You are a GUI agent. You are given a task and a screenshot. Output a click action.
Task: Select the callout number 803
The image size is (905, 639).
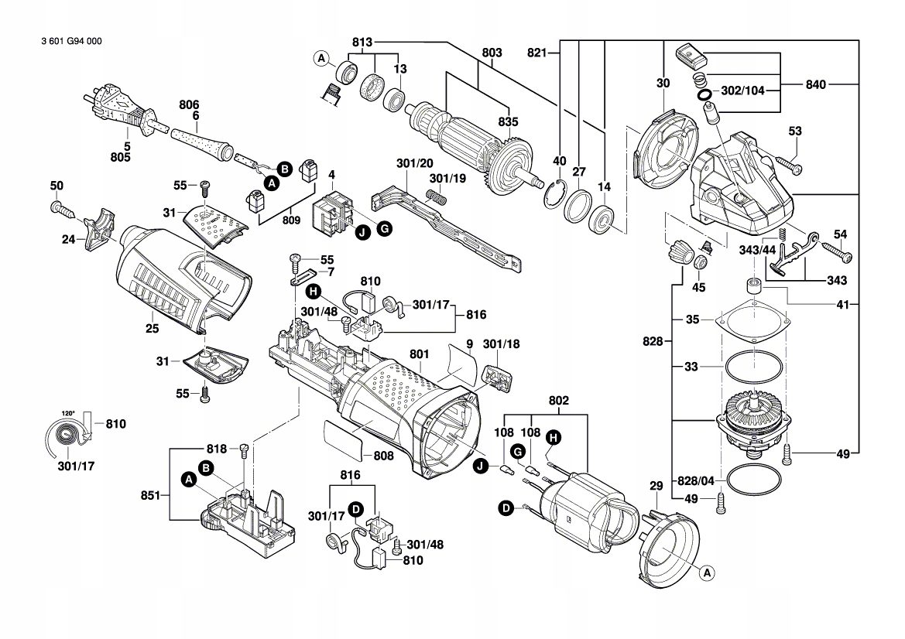tap(492, 53)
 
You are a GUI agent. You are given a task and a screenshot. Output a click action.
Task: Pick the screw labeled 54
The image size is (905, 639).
tap(836, 251)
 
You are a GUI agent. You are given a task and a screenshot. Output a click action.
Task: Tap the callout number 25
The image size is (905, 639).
tap(152, 329)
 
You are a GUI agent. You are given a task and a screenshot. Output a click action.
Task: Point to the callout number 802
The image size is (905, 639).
tap(559, 401)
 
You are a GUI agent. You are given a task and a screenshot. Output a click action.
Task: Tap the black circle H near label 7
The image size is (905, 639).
tap(312, 292)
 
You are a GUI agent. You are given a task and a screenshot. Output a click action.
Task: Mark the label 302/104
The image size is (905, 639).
tap(742, 91)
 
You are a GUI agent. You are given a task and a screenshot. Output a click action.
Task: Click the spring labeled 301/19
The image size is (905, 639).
tap(437, 197)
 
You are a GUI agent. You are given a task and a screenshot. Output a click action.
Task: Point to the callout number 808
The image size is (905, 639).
tap(383, 456)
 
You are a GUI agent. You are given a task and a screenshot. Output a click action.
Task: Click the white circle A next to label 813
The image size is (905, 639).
tap(321, 57)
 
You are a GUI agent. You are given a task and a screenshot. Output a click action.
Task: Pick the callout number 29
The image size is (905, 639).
tap(656, 486)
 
